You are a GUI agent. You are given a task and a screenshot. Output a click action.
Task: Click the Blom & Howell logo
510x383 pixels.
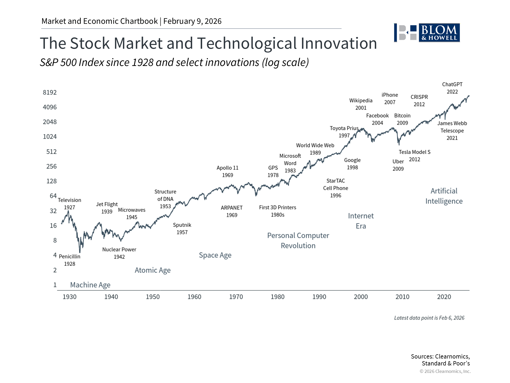(427, 33)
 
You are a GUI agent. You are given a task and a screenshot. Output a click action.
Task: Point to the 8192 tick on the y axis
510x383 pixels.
(50, 93)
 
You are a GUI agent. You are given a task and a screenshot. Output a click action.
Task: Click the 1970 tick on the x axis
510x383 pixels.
(236, 297)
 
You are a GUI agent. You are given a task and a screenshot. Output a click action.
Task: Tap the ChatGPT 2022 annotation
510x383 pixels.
(452, 88)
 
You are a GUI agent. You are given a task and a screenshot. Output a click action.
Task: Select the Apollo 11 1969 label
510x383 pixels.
(227, 172)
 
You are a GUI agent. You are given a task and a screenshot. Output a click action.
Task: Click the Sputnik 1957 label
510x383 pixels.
(182, 229)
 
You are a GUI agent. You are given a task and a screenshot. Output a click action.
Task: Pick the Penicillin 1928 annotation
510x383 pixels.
(70, 260)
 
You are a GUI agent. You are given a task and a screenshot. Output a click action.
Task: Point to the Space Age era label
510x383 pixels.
(215, 255)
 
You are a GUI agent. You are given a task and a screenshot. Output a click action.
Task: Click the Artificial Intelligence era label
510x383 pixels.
(444, 196)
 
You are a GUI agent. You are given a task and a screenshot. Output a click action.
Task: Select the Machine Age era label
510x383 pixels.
(90, 285)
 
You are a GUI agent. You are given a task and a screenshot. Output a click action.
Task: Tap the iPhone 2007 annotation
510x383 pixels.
(390, 99)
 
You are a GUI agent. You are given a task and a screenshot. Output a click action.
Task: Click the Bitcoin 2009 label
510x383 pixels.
(402, 119)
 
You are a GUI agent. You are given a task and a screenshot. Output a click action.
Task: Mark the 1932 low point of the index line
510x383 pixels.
(80, 252)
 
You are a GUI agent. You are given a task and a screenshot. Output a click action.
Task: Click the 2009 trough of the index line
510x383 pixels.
(399, 144)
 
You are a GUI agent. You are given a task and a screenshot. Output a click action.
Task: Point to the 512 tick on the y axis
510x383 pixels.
(51, 152)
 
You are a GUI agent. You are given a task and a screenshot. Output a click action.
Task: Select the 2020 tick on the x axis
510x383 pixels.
(444, 297)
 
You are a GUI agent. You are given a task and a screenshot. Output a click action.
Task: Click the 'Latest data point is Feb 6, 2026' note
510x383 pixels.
(429, 318)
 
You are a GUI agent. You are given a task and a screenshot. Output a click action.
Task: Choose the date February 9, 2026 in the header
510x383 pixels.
(192, 21)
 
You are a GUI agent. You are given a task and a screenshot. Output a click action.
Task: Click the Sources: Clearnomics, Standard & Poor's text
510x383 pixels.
(440, 360)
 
